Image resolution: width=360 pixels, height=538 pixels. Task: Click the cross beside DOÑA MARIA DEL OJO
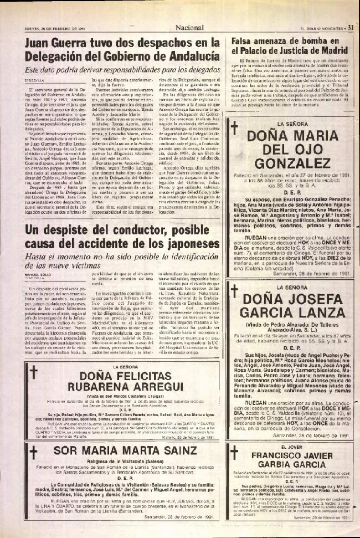pos(234,129)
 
